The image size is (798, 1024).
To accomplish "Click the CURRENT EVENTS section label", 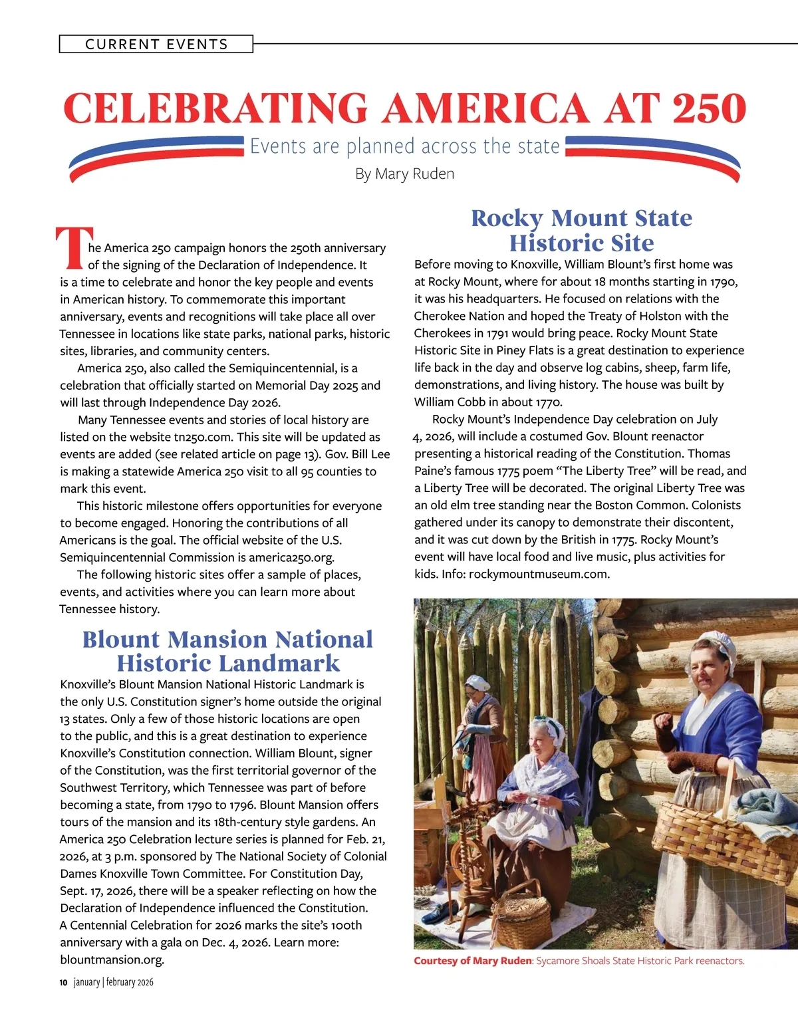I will click(156, 45).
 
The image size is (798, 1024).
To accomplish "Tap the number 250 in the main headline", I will click(709, 108).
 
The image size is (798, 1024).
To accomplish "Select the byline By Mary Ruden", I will click(404, 174).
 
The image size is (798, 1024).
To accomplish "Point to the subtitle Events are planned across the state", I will click(404, 146).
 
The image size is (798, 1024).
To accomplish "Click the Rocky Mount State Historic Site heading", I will click(581, 230).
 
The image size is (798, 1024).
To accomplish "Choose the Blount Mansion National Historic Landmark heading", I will click(227, 651).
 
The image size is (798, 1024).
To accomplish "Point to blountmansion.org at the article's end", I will click(111, 960).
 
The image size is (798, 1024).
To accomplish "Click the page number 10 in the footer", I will click(63, 982).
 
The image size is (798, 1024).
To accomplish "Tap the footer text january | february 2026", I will click(114, 982).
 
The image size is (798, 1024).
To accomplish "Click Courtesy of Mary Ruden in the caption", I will click(472, 961).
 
